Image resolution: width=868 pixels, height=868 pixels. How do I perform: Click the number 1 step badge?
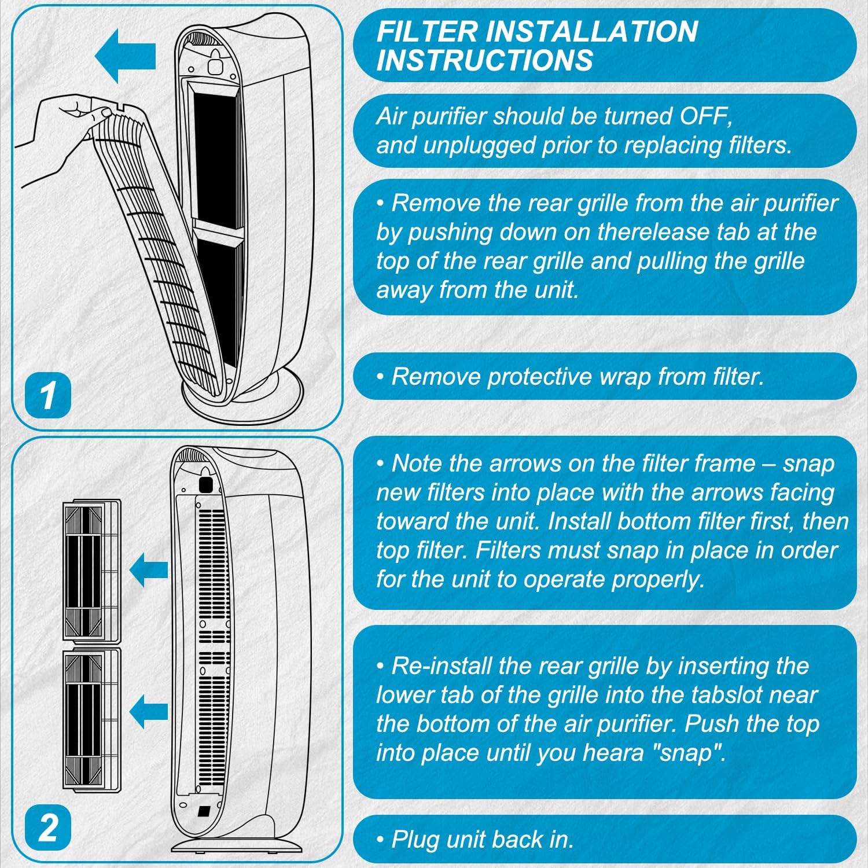coord(47,396)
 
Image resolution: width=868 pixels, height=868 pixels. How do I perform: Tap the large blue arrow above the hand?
coord(125,56)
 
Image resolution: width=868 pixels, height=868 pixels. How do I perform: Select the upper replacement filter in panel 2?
coord(91,570)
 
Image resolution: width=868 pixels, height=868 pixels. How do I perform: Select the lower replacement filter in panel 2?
coord(91,718)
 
